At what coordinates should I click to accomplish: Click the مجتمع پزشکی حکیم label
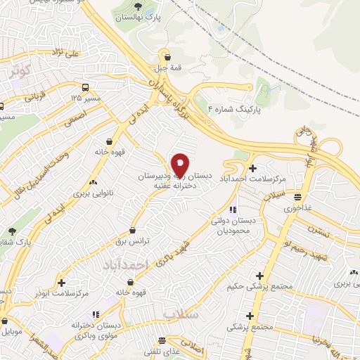261,287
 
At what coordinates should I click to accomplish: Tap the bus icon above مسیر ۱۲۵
85,87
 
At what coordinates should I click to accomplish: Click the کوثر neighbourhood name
18,72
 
